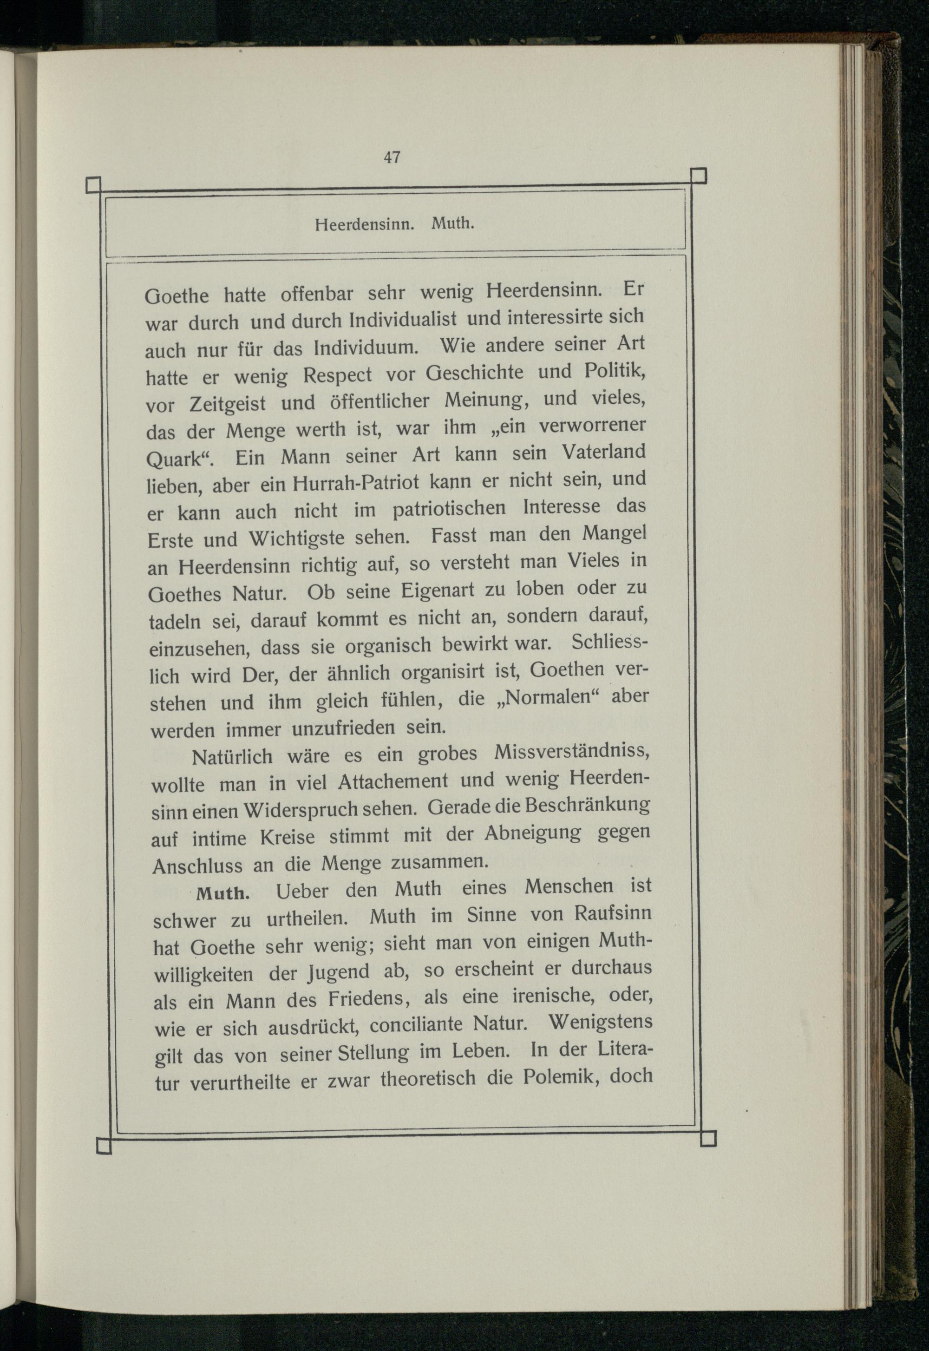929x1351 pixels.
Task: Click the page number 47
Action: pos(392,157)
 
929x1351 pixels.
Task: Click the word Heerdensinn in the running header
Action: pos(364,225)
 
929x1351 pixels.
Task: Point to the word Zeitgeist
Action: pos(228,404)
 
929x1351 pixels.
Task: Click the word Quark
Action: pos(177,460)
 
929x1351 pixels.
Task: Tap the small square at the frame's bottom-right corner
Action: pos(708,1139)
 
